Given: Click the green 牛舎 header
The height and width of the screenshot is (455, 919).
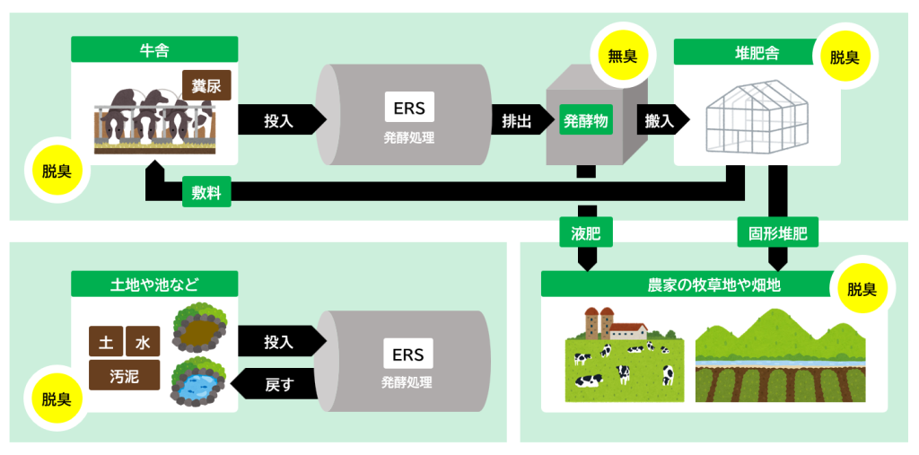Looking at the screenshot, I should click(x=154, y=49).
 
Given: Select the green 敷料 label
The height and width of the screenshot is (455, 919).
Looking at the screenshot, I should click(x=206, y=191).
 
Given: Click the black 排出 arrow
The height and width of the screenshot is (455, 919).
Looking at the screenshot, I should click(x=515, y=119).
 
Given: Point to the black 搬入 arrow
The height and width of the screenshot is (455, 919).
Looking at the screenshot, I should click(x=661, y=119).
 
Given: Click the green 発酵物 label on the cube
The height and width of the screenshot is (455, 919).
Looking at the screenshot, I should click(x=586, y=119).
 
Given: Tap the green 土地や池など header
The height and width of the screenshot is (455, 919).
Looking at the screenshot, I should click(x=154, y=284).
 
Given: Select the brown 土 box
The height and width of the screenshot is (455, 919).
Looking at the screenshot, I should click(x=105, y=342).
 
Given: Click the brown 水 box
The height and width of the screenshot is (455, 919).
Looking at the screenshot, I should click(x=143, y=342).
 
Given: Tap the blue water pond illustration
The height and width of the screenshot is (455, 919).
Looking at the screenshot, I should click(x=197, y=381).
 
